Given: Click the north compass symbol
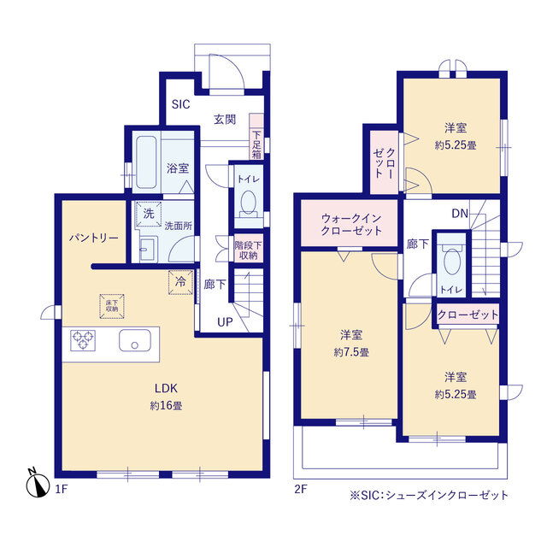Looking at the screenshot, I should coord(36,484).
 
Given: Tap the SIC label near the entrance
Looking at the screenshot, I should coord(180,105).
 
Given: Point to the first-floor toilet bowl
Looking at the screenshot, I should coord(249,203).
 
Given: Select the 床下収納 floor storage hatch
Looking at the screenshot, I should coord(112,303).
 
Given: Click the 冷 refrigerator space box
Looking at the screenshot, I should coord(180,282).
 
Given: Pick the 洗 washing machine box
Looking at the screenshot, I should coord(149,213).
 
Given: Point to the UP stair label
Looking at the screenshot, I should coord(225,323).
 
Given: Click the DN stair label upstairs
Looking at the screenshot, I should coord(459,215).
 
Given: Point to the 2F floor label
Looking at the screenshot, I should coord(300,489).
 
